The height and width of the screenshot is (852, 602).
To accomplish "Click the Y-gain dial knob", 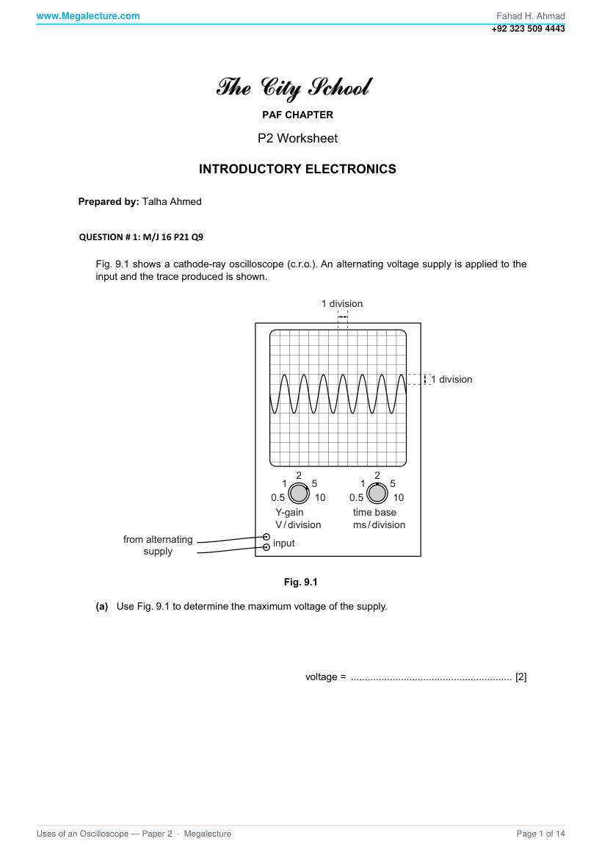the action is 298,494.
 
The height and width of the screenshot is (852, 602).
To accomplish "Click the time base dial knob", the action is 377,494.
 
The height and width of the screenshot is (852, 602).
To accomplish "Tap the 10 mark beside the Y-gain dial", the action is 320,498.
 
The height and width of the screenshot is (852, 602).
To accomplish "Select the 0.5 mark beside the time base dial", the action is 356,498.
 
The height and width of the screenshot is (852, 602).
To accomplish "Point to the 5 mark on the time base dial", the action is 393,483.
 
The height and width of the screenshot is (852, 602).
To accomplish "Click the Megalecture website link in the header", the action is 88,15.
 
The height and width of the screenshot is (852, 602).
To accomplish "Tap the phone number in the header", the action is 528,29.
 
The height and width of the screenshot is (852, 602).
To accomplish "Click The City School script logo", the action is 294,87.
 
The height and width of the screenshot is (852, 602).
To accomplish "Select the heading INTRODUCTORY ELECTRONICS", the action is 297,169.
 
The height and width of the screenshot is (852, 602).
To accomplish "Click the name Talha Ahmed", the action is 172,201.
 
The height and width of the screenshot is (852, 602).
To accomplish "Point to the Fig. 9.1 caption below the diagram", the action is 300,582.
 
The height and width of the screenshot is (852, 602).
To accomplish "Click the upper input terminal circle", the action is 266,538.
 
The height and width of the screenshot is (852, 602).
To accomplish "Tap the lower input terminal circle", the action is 266,547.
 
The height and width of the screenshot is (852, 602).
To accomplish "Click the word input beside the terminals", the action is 283,544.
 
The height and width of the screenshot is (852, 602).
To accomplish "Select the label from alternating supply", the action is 158,545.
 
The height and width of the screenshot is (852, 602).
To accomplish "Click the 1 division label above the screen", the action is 342,304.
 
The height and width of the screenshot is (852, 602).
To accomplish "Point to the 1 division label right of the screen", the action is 451,379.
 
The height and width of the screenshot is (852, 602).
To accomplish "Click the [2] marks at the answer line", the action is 521,677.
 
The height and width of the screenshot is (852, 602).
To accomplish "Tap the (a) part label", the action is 102,607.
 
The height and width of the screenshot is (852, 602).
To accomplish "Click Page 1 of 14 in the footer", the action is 540,834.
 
